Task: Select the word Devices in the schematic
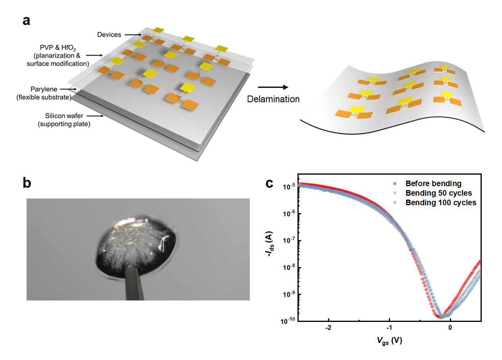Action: (109, 35)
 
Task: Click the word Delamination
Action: (273, 99)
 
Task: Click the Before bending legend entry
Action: (433, 184)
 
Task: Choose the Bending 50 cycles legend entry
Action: (438, 193)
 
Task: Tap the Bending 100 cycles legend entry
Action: (440, 202)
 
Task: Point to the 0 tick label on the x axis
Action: (450, 328)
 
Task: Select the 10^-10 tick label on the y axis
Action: (288, 321)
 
